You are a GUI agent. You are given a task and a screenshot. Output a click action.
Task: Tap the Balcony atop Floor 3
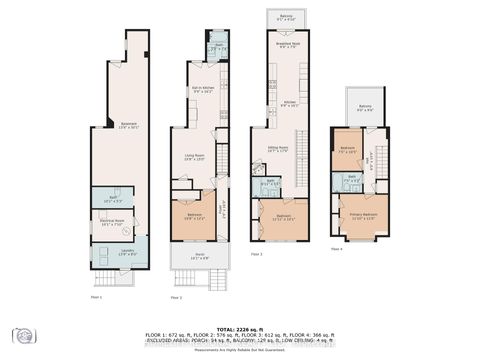click(x=286, y=18)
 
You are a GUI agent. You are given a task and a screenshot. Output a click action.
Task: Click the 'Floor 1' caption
click(x=97, y=297)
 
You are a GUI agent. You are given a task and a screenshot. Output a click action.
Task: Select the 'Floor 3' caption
click(x=257, y=255)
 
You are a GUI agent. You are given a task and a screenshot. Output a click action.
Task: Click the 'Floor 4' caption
click(x=337, y=248)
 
